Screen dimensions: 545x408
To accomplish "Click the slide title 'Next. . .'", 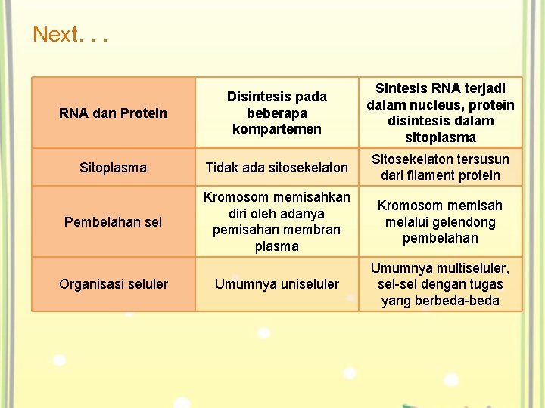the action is tap(70, 35).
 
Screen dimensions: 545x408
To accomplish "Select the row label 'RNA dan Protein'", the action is tap(113, 113).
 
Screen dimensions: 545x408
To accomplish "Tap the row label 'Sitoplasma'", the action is tap(113, 168).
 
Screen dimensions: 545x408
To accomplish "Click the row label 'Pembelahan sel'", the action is tap(113, 222).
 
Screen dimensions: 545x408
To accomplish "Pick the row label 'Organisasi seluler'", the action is tap(113, 284).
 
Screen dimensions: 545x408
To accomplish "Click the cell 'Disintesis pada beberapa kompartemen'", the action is tap(276, 113).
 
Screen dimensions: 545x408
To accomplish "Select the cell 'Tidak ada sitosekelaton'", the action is tap(276, 168).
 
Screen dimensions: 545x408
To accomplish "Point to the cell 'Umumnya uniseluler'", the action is tap(276, 284).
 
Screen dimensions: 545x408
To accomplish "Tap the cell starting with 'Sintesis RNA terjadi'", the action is tap(440, 113).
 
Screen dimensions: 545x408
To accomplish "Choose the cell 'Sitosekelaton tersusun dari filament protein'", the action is tap(440, 168).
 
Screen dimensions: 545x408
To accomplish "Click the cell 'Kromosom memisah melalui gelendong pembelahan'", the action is tap(440, 222).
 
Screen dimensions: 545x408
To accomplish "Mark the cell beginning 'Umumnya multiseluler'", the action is tap(440, 284).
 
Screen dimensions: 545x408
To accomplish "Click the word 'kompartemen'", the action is tap(276, 129).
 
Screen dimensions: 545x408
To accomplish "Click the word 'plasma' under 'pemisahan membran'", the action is tap(276, 246).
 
